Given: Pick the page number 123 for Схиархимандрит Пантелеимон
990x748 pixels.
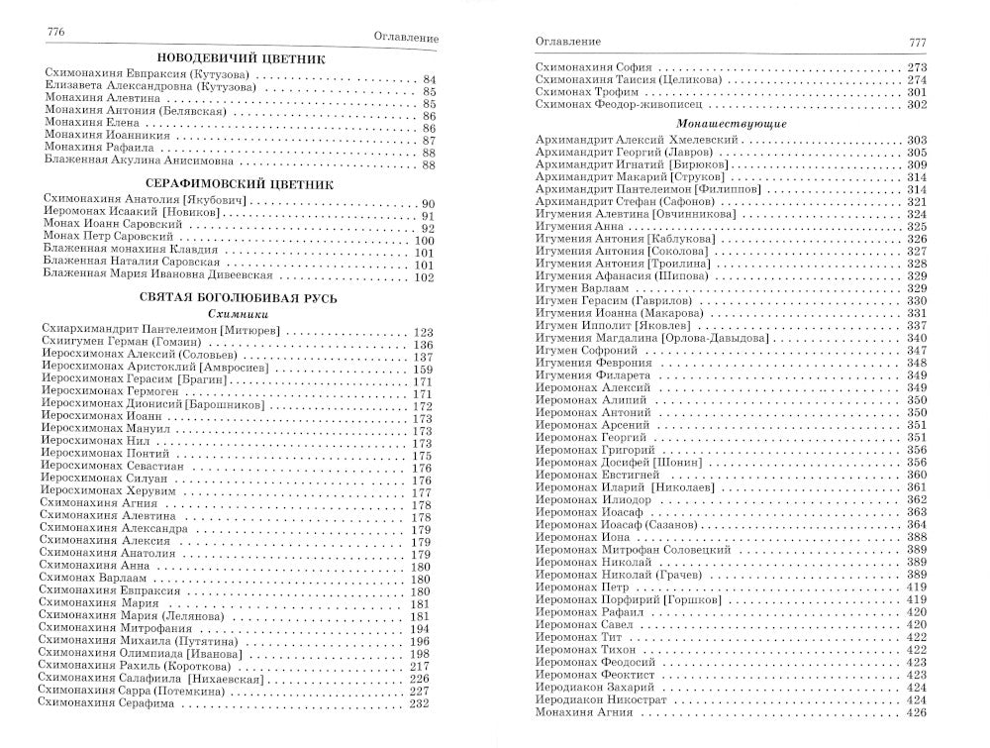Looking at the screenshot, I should [424, 331].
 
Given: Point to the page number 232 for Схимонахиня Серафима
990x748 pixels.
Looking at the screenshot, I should [420, 703].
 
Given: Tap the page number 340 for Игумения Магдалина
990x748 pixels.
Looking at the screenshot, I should [916, 338].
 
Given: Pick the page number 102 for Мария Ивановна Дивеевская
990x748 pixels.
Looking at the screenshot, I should [424, 277].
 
